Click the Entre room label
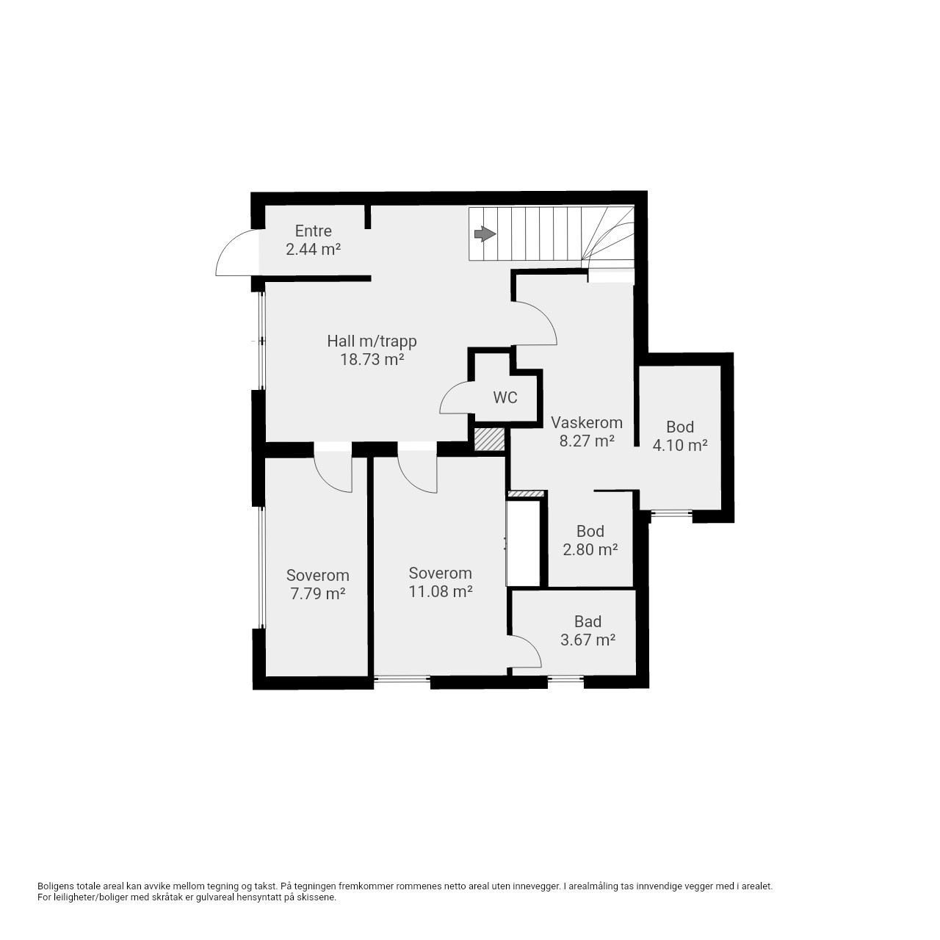[313, 231]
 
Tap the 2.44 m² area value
[313, 250]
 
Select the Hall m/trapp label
[372, 341]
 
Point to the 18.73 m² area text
[372, 360]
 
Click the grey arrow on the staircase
[485, 234]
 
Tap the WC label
[505, 397]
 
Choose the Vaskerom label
[586, 422]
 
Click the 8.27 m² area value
[586, 441]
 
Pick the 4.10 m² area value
[680, 445]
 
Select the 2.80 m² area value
[590, 550]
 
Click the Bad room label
[587, 621]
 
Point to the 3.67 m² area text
[587, 640]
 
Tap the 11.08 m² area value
[441, 591]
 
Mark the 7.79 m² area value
[318, 593]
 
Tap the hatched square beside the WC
[489, 439]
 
